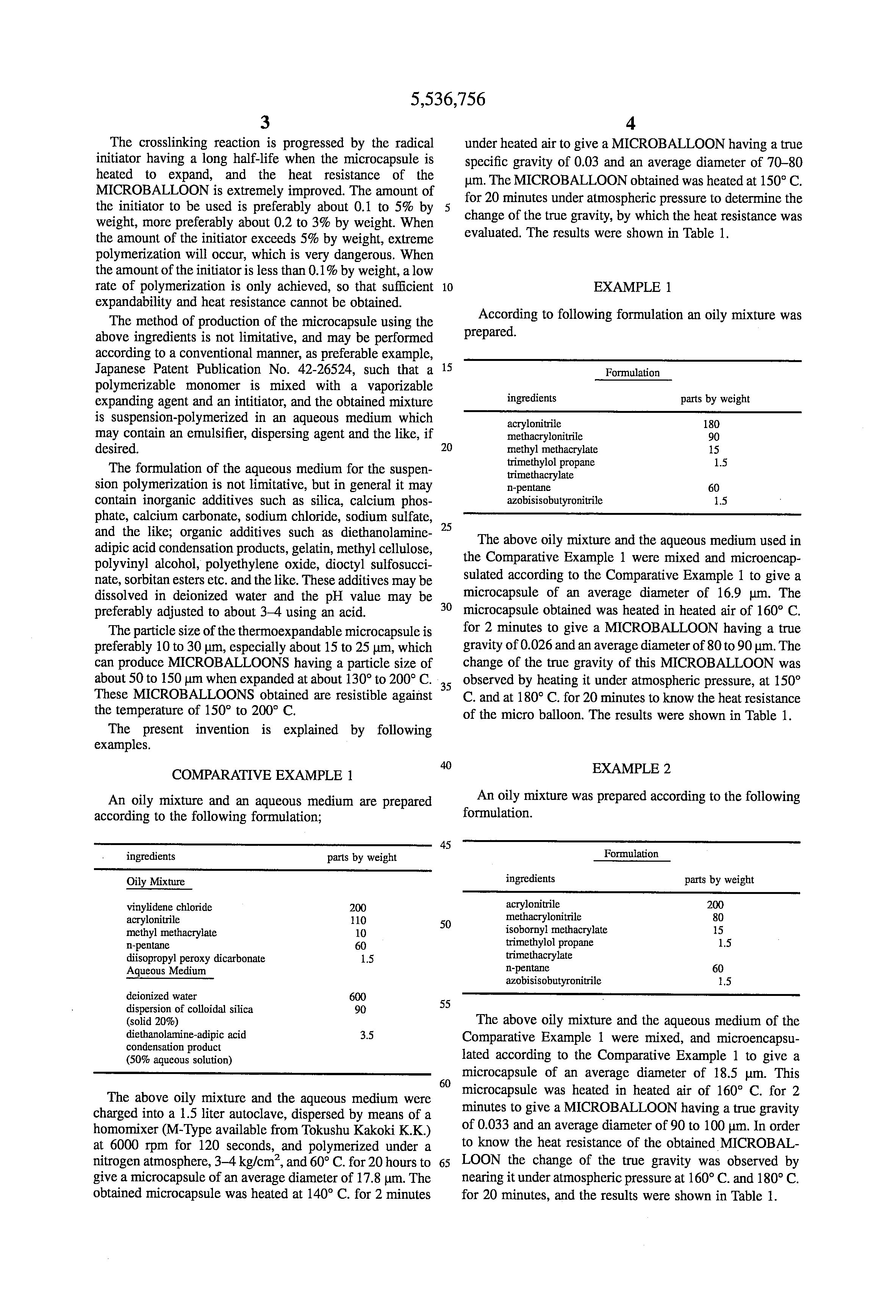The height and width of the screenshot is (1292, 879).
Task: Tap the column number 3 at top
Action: (x=265, y=123)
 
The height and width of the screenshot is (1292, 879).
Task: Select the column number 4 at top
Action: (x=630, y=123)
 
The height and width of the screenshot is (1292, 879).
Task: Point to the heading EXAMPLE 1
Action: (x=632, y=287)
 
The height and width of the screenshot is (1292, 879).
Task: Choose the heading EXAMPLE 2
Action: (x=631, y=769)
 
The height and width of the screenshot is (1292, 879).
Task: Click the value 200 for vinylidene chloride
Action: (x=358, y=908)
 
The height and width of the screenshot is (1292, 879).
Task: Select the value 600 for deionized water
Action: (x=357, y=997)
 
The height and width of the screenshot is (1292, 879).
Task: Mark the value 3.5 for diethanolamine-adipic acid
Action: (x=366, y=1035)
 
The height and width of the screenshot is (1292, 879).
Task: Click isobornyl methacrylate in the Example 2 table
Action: (x=556, y=930)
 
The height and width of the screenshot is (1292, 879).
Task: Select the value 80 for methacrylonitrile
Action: (x=718, y=917)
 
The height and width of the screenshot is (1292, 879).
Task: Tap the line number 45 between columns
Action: (x=446, y=845)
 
